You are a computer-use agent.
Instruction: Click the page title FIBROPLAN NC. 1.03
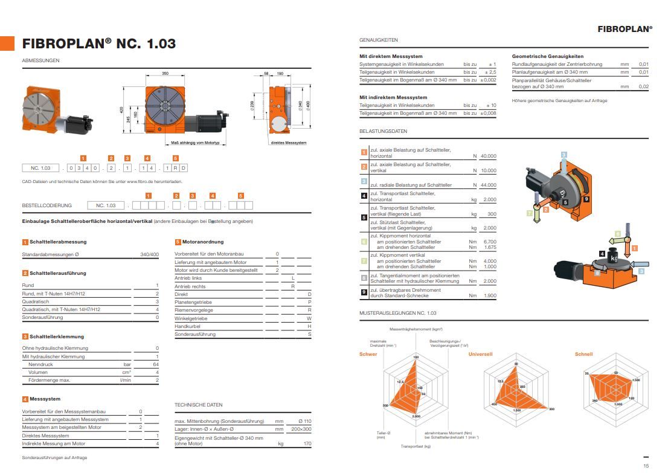point(99,43)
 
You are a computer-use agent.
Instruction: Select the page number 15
point(646,465)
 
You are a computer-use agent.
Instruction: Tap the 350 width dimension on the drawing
point(165,73)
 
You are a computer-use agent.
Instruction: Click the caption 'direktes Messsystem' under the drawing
point(289,143)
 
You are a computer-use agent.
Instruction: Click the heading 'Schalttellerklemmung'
point(57,336)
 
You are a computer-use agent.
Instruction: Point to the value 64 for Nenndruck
point(156,365)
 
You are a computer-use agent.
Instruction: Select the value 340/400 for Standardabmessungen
point(149,254)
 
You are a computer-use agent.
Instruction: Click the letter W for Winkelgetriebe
point(309,318)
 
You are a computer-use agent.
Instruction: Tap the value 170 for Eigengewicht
point(307,443)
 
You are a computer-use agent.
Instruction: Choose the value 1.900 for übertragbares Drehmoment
point(489,295)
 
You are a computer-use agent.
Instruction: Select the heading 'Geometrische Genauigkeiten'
point(547,56)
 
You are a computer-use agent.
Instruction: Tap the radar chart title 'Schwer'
point(368,354)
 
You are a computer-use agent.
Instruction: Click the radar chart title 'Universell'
point(480,354)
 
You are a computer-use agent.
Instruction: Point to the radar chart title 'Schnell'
point(583,354)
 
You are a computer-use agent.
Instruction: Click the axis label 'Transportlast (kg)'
point(416,446)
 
